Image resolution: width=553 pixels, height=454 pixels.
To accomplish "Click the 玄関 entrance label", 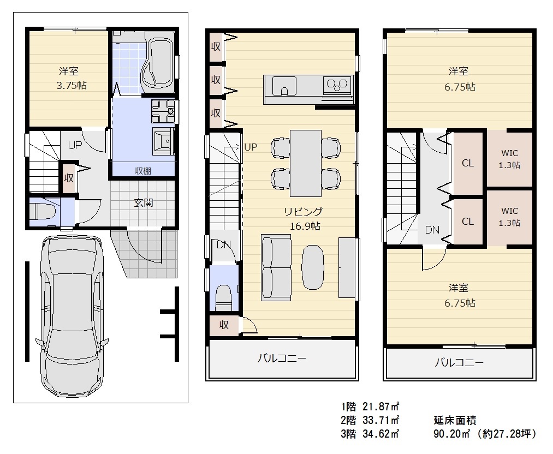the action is (x=144, y=202).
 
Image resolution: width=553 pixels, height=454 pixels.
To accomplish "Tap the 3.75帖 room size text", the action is (x=72, y=86).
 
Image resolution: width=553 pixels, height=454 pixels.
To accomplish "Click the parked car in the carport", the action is (x=72, y=316).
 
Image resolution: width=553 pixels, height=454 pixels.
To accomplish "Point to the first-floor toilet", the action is (x=43, y=212).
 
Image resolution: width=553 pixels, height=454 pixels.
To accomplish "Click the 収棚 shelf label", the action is (x=143, y=171).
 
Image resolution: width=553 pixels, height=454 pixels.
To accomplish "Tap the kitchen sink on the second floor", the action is (x=284, y=86).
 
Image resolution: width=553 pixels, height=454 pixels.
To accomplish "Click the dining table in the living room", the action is (x=305, y=163).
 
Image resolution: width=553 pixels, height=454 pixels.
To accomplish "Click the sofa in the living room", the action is (x=276, y=267).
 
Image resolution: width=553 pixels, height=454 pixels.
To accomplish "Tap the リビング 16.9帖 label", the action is (x=304, y=218).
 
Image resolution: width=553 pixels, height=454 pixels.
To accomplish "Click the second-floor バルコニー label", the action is (x=282, y=359).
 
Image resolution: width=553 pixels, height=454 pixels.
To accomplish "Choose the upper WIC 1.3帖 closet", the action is (x=510, y=159).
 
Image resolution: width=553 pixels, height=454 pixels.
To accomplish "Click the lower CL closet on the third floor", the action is (x=468, y=222).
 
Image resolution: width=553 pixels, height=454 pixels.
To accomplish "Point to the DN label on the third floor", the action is (x=432, y=230).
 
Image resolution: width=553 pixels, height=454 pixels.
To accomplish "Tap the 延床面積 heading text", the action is (x=455, y=420).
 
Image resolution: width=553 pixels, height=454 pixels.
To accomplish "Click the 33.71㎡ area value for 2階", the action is (x=381, y=420).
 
